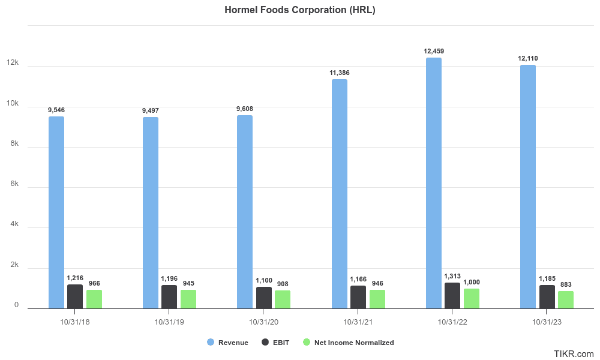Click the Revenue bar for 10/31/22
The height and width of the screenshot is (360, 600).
coord(433,183)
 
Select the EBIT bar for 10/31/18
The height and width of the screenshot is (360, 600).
coord(75,296)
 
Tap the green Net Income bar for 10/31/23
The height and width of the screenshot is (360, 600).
coord(566,300)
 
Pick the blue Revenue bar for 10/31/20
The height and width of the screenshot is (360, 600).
coord(245,212)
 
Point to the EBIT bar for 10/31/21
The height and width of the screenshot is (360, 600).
coord(358,297)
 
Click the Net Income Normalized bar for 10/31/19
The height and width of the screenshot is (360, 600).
coord(188,299)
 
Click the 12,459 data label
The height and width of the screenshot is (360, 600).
coord(434,51)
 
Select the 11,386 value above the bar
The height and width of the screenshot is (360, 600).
coord(340,73)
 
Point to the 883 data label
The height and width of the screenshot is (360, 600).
coord(566,284)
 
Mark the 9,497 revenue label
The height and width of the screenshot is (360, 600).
coord(151,110)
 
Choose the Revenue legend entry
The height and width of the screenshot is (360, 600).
coord(228,343)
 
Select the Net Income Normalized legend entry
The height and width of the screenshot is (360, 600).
coord(348,343)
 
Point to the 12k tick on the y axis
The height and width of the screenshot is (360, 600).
coord(13,63)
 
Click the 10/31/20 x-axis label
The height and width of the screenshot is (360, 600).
coord(264,322)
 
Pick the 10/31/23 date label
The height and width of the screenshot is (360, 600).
coord(547,322)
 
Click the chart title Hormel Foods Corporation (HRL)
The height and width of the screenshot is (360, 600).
coord(300,10)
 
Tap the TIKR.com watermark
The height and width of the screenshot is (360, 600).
coord(574,354)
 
